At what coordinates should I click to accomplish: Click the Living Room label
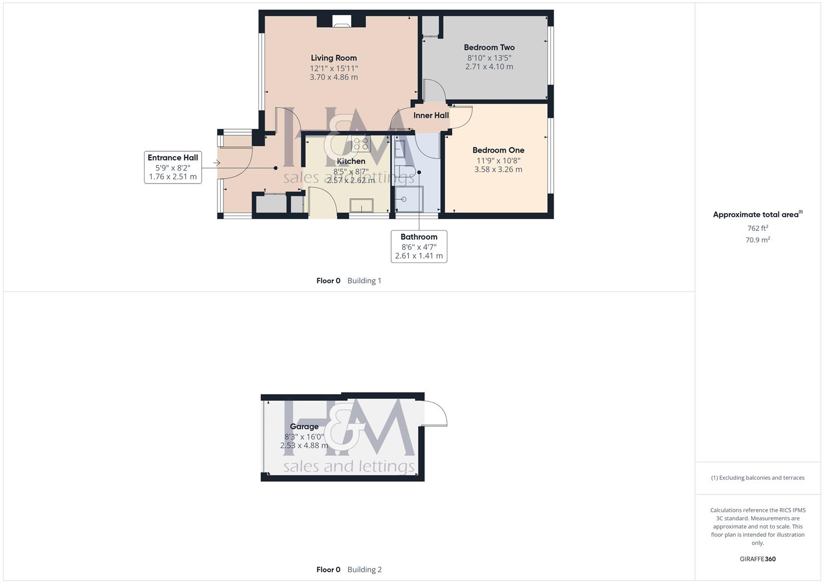(333, 58)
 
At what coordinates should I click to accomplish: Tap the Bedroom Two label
(489, 48)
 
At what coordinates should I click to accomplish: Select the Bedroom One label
(498, 150)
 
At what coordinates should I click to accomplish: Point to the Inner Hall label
(431, 115)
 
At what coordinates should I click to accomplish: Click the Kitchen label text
(351, 161)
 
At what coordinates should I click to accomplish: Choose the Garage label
(304, 426)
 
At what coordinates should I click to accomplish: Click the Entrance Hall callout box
(173, 167)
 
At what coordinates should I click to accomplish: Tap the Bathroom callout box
(419, 246)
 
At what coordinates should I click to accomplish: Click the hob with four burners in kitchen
(360, 144)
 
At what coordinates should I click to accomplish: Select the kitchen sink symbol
(361, 205)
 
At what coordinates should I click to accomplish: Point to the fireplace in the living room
(341, 22)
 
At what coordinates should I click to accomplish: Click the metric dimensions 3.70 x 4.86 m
(333, 77)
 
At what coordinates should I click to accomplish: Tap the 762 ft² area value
(758, 228)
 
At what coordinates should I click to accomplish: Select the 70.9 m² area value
(758, 240)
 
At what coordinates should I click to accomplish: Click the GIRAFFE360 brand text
(758, 559)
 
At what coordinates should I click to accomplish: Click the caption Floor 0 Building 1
(349, 281)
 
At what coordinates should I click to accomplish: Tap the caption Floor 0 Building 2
(349, 570)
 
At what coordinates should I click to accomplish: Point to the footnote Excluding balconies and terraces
(758, 478)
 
